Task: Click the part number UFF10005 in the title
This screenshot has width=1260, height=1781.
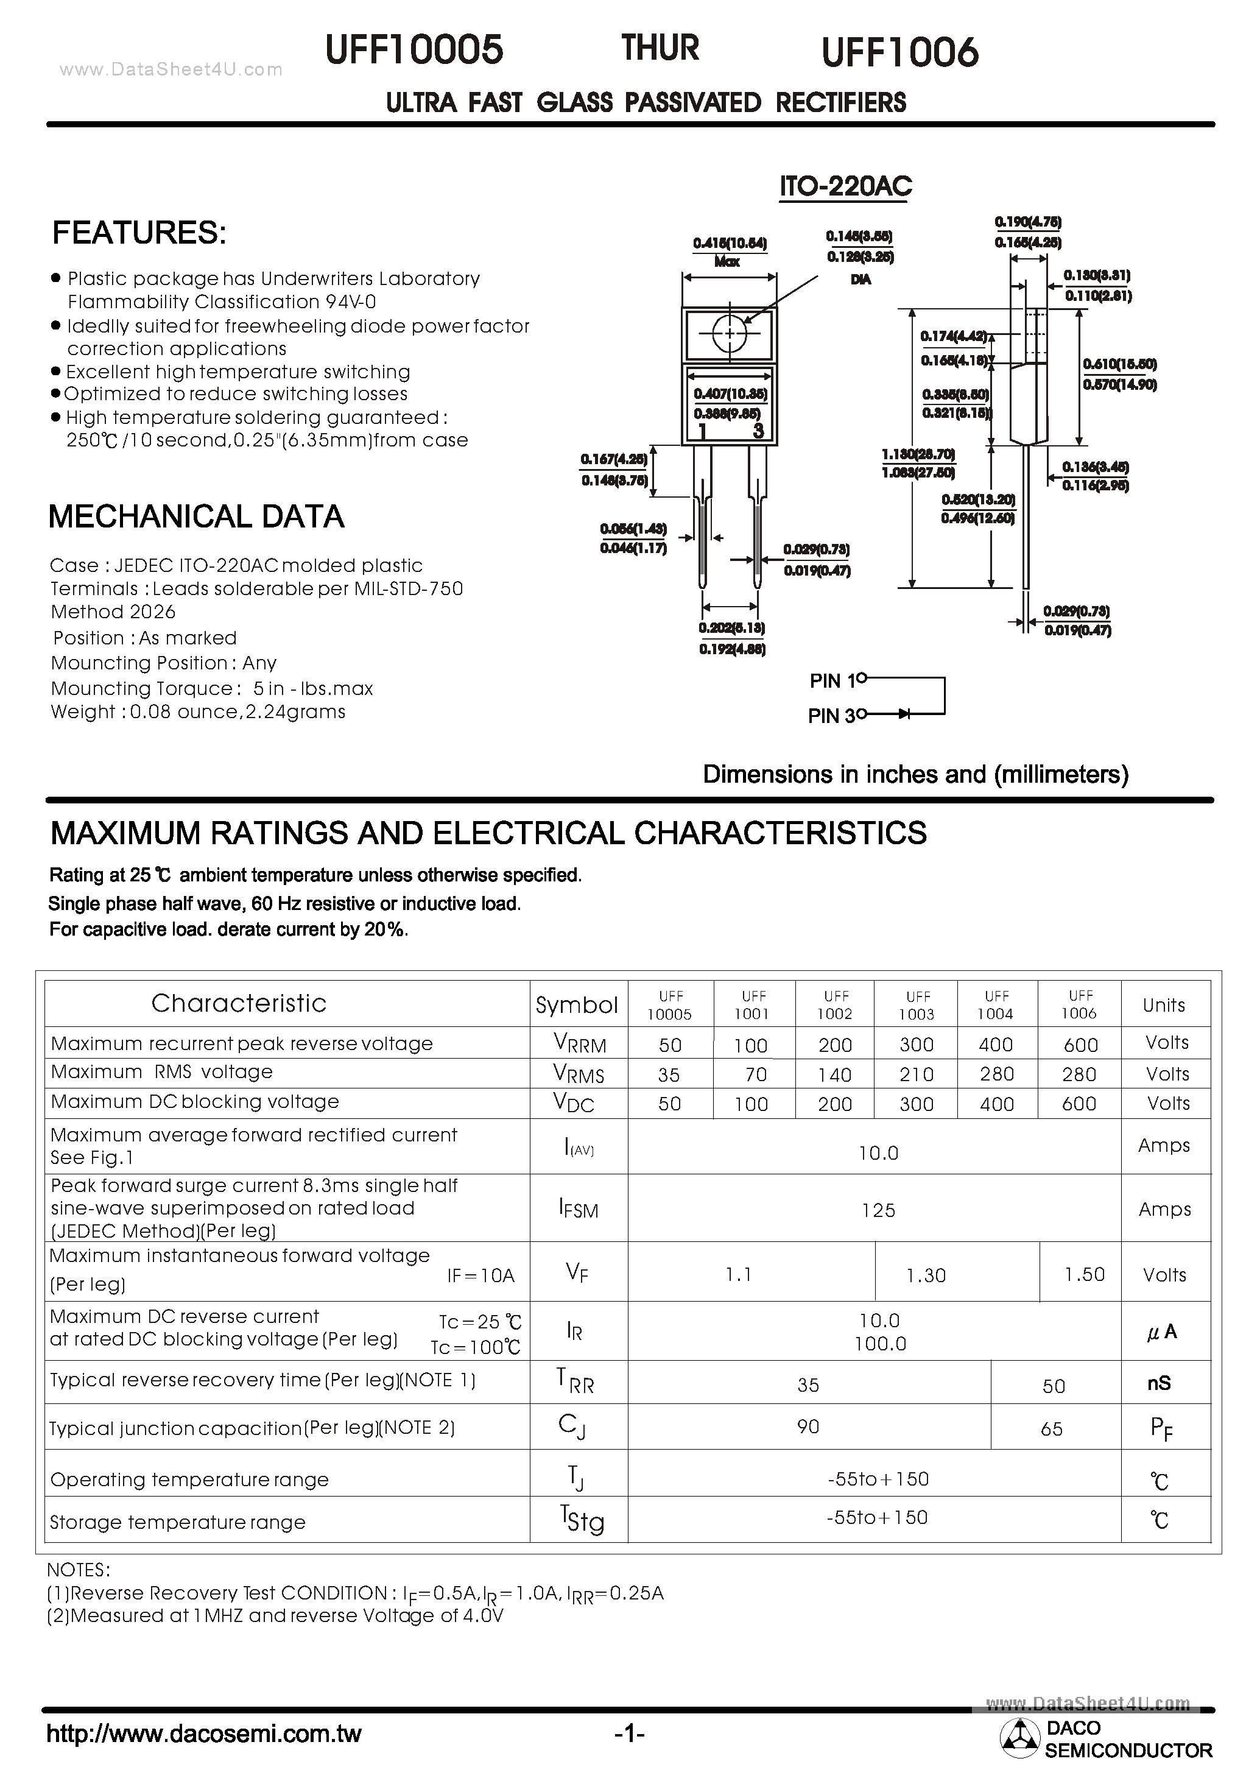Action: point(414,51)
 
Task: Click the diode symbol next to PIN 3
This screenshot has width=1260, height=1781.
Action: point(904,713)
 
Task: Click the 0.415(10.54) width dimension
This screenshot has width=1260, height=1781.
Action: point(730,244)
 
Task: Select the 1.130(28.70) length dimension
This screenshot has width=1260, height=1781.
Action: point(918,454)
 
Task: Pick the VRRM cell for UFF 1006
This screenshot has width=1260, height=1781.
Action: point(1080,1045)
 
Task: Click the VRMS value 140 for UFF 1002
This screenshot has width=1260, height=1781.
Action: point(835,1075)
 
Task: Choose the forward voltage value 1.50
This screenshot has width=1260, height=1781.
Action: point(1084,1274)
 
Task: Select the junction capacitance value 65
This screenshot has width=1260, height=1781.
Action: point(1051,1429)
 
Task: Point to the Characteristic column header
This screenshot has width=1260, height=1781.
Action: point(238,1003)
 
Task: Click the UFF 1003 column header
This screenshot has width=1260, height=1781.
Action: point(917,1005)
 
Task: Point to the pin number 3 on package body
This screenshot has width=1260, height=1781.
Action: point(758,431)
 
